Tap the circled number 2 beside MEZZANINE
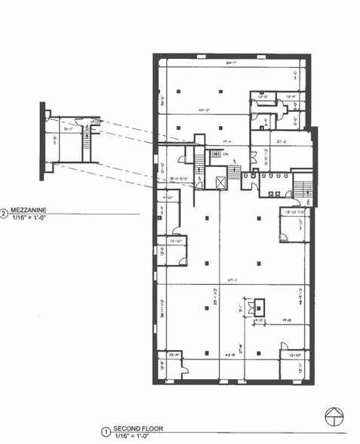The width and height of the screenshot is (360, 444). click(5, 214)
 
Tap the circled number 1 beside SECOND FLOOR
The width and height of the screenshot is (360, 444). click(106, 432)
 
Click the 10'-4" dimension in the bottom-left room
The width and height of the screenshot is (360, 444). click(172, 353)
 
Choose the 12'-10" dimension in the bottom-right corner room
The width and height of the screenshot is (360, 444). click(294, 354)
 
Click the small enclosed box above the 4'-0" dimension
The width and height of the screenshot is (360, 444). click(260, 306)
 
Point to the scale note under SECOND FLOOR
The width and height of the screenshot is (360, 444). click(130, 437)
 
